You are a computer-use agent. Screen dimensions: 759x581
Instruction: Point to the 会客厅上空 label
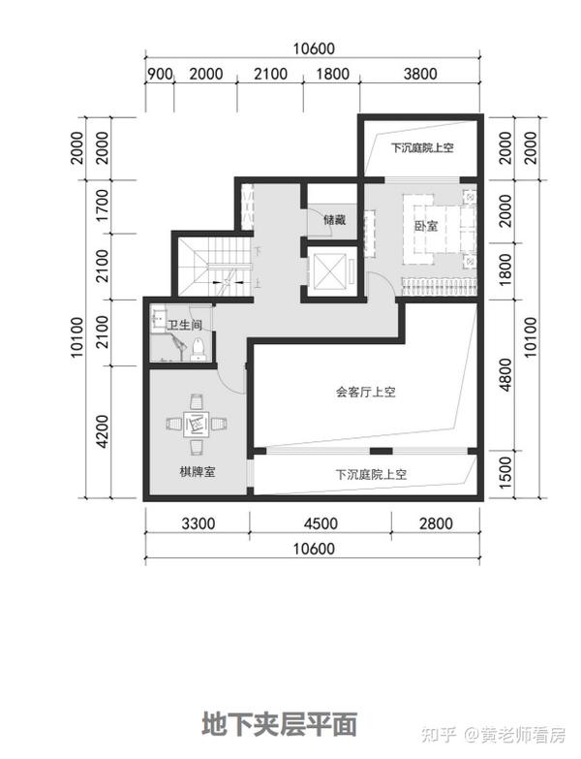click(x=365, y=393)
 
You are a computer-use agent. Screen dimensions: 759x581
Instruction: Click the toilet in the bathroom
click(x=197, y=347)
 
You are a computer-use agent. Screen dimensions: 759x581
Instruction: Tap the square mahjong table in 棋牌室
click(x=197, y=422)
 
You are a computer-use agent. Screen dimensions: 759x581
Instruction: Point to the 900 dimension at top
click(x=159, y=75)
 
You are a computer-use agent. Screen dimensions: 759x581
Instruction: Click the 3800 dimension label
click(x=419, y=75)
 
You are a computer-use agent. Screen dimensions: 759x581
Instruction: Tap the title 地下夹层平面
click(x=280, y=724)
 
